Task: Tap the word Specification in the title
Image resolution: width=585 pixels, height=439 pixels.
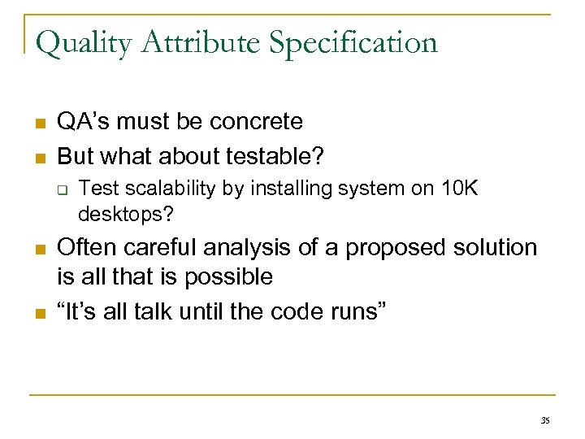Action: click(353, 42)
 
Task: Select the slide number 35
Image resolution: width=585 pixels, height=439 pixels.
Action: click(544, 419)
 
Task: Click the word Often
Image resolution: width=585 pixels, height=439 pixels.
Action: click(86, 247)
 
